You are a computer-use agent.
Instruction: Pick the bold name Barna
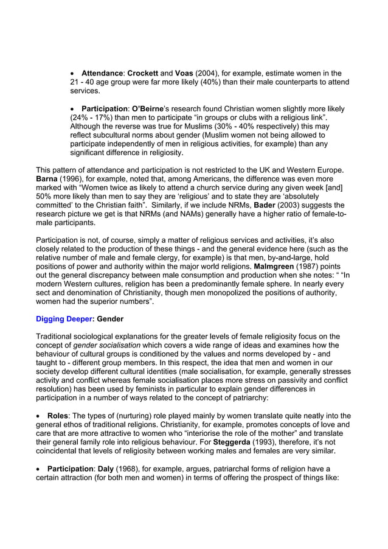click(49, 179)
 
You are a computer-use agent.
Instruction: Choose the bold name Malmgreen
click(275, 266)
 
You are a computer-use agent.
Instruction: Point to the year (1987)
click(313, 266)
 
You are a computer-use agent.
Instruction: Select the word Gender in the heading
click(111, 318)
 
